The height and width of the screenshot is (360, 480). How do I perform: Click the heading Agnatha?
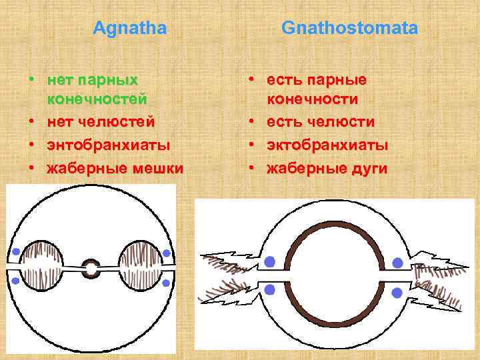tap(129, 28)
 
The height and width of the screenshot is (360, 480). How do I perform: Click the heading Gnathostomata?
tap(349, 28)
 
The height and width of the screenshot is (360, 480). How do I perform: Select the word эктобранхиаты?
tap(327, 145)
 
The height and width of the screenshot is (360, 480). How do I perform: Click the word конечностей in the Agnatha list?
tap(97, 99)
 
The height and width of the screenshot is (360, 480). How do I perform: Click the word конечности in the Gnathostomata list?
tap(313, 99)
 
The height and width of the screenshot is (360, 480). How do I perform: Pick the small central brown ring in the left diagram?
tap(91, 269)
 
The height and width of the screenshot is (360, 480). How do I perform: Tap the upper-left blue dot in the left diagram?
tap(15, 252)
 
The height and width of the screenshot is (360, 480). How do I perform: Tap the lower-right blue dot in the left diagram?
tap(166, 283)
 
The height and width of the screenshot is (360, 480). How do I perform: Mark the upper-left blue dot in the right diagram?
tap(269, 262)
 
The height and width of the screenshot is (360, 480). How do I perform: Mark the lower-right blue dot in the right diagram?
tap(397, 292)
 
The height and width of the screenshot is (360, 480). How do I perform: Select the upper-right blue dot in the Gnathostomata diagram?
tap(397, 263)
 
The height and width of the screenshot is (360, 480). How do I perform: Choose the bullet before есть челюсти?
tap(253, 123)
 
